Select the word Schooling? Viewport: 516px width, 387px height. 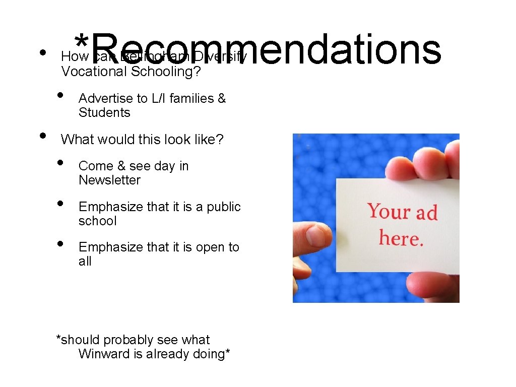click(x=166, y=72)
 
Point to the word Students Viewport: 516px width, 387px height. click(x=104, y=112)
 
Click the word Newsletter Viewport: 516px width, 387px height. click(x=109, y=180)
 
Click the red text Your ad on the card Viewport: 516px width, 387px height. click(x=402, y=211)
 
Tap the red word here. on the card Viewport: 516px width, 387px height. click(x=401, y=237)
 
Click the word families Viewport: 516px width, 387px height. click(x=192, y=98)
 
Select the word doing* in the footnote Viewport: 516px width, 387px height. click(x=212, y=354)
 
